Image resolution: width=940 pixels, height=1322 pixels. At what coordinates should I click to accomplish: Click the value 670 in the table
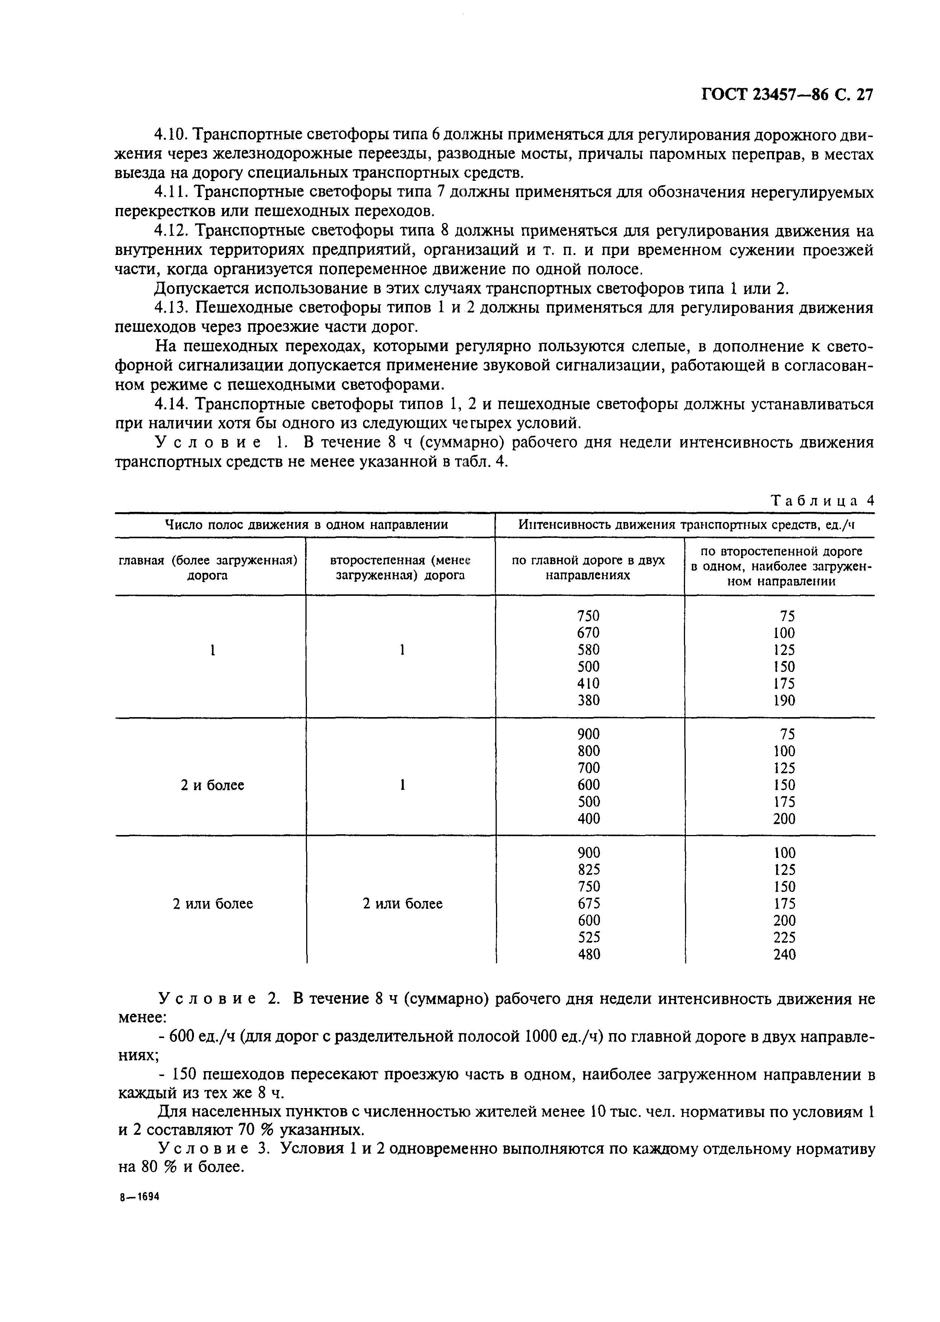pyautogui.click(x=588, y=633)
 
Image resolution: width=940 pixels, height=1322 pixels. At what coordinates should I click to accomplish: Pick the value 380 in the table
pyautogui.click(x=588, y=701)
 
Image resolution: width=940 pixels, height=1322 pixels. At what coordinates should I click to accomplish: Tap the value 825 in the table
pyautogui.click(x=589, y=869)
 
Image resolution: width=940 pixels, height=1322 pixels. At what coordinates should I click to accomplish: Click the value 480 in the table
pyautogui.click(x=589, y=954)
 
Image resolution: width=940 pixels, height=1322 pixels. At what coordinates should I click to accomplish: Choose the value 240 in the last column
pyautogui.click(x=784, y=954)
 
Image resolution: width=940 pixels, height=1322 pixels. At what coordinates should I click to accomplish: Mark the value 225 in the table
pyautogui.click(x=784, y=937)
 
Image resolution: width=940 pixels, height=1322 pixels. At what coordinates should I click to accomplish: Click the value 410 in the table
pyautogui.click(x=588, y=684)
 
